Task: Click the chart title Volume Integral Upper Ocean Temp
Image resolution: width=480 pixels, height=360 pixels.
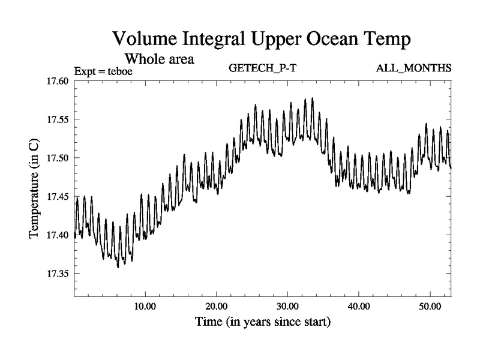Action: [262, 40]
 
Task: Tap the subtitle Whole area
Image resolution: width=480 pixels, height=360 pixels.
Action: [159, 59]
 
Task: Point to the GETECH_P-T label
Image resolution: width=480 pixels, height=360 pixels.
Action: [263, 68]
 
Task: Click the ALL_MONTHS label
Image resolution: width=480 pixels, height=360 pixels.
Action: [413, 68]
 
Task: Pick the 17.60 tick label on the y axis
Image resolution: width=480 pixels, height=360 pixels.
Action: [58, 81]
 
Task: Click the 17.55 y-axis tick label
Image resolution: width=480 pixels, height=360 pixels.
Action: [58, 119]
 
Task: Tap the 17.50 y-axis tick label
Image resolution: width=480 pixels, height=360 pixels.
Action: [58, 158]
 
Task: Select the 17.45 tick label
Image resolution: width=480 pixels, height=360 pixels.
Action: [58, 196]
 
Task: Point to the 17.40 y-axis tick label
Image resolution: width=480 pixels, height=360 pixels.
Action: [58, 235]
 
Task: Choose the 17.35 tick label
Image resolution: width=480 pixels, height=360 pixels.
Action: [58, 273]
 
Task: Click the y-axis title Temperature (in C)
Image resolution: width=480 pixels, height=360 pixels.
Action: [34, 187]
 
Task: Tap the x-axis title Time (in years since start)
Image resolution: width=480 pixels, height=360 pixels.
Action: [263, 322]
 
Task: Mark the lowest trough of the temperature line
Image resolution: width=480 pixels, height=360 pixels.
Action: [118, 266]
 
